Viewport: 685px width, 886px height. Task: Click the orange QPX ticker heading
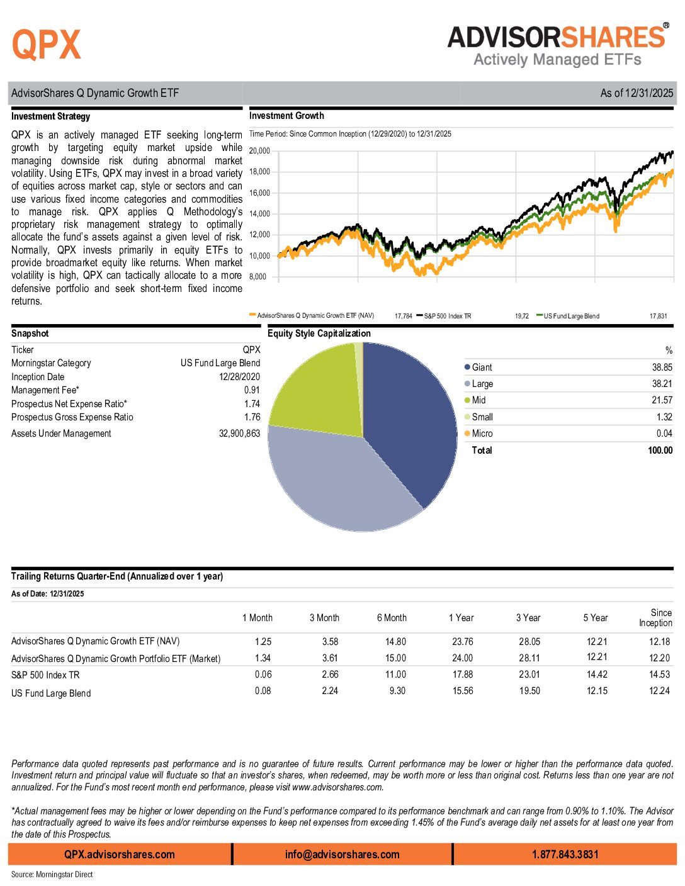[x=47, y=45]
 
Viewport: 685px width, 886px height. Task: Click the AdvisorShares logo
[x=558, y=45]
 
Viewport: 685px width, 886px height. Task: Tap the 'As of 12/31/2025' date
[x=637, y=93]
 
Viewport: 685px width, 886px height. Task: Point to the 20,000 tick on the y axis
[x=259, y=151]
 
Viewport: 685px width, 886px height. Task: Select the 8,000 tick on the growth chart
[x=258, y=277]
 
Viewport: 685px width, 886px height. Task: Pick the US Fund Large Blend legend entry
[x=571, y=316]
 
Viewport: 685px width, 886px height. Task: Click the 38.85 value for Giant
[x=662, y=367]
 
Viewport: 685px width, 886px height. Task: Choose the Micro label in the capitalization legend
[x=482, y=434]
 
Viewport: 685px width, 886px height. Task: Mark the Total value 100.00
[x=660, y=451]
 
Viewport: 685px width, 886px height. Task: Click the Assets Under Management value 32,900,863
[x=239, y=434]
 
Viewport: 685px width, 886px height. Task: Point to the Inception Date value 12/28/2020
[x=239, y=377]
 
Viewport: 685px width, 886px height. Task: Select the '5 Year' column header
[x=596, y=618]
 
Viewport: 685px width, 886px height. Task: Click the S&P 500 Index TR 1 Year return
[x=463, y=675]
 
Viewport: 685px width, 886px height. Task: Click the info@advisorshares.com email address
[x=342, y=855]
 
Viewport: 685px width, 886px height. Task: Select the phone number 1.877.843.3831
[x=565, y=855]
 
